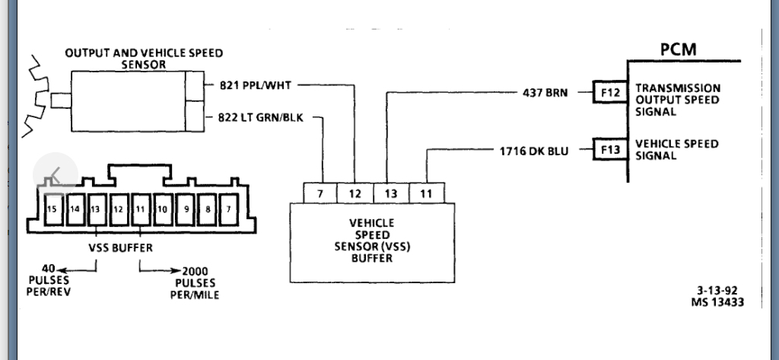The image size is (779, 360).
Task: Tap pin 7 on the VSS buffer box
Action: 320,194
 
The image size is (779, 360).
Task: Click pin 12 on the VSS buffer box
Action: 355,194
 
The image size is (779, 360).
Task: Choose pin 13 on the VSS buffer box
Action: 390,194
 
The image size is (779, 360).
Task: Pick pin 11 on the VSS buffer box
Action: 426,194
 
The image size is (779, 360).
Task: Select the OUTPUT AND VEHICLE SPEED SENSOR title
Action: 144,59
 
